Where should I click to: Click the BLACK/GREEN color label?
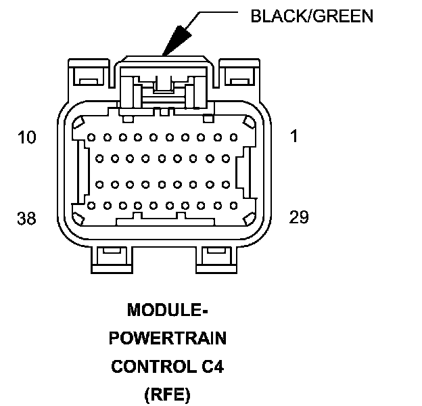(x=311, y=15)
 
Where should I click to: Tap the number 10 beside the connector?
(x=27, y=137)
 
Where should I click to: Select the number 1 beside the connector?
(x=294, y=136)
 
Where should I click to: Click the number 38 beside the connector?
(x=27, y=218)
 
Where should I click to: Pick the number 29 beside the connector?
(x=298, y=217)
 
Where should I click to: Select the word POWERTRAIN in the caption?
(x=168, y=338)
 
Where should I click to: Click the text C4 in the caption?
(x=214, y=367)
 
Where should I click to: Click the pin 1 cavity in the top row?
(x=235, y=137)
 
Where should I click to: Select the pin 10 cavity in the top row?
(x=91, y=137)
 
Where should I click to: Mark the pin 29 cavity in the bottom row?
(x=235, y=204)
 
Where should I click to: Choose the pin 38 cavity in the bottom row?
(x=91, y=204)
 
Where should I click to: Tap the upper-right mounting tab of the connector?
(x=238, y=75)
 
